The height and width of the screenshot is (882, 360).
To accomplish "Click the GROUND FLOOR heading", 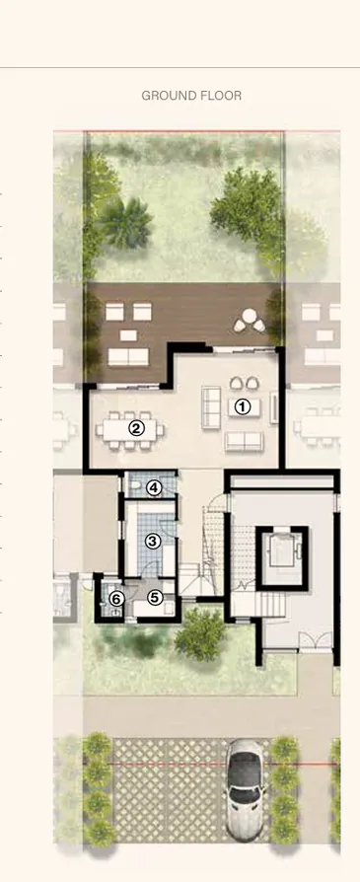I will [x=191, y=96].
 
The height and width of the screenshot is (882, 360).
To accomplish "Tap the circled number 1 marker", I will [x=243, y=404].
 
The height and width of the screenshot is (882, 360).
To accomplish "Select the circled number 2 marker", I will [x=137, y=428].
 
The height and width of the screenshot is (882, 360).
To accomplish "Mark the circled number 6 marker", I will [x=115, y=598].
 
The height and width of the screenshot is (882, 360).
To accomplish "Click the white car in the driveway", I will [x=245, y=788].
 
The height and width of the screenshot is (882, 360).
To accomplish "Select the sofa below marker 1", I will [x=246, y=440].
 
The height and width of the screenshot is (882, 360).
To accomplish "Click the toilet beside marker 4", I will [x=135, y=486].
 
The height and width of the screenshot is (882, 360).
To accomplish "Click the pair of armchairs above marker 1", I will [x=242, y=383].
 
